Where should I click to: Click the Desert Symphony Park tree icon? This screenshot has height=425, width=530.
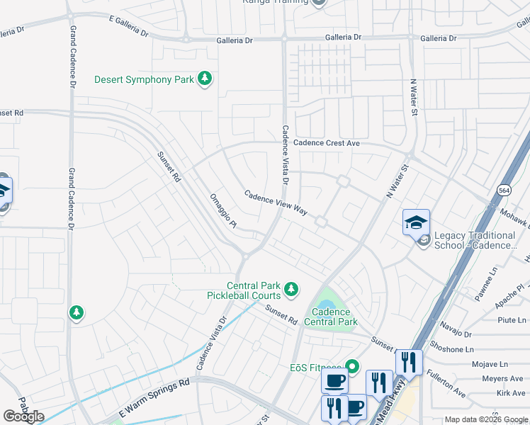[x=205, y=79]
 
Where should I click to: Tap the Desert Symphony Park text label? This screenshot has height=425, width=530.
[x=144, y=79]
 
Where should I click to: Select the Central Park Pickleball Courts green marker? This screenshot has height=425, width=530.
[x=291, y=289]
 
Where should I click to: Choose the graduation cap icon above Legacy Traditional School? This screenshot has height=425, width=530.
[x=416, y=222]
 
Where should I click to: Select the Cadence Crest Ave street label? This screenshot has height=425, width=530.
[x=327, y=142]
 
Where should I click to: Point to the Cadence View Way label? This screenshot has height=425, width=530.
[x=276, y=202]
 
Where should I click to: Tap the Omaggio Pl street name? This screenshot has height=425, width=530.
[x=222, y=211]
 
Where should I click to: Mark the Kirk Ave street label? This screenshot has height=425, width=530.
[x=511, y=392]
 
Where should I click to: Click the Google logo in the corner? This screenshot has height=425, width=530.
[x=23, y=416]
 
